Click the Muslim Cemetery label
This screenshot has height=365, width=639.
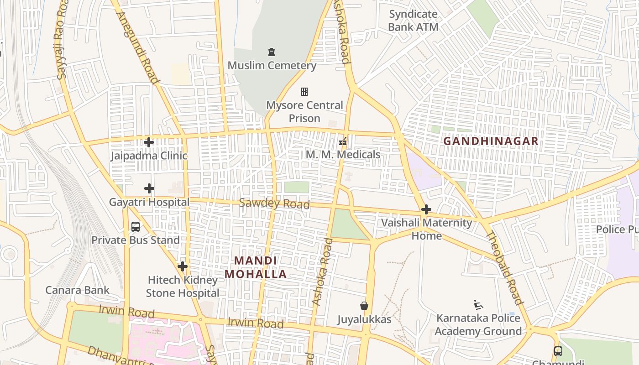point(272,65)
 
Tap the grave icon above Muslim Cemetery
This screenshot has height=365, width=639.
point(272,52)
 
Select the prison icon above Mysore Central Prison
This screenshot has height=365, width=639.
point(304,92)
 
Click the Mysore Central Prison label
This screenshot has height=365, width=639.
point(304,112)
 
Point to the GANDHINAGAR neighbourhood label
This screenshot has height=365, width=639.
point(491,141)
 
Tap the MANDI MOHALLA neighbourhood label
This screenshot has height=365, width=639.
point(256,267)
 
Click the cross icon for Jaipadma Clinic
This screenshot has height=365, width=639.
point(148,142)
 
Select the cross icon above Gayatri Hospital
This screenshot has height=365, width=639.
point(149,188)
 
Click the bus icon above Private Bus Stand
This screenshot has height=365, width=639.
point(136,227)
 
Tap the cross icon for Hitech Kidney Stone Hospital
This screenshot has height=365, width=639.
point(183,266)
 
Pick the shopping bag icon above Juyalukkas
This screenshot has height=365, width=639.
point(364,306)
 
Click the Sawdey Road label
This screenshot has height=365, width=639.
point(274,203)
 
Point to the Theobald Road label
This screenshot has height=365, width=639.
point(503,268)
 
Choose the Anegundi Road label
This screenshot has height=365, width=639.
point(138,47)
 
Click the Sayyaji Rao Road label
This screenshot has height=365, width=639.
point(61,42)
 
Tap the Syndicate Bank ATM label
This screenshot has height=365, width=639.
point(413,21)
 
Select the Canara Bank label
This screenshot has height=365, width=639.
point(77,290)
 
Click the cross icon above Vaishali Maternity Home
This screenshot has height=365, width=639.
point(426,209)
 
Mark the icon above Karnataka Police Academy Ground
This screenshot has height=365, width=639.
point(478,305)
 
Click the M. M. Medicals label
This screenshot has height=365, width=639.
point(343,155)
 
